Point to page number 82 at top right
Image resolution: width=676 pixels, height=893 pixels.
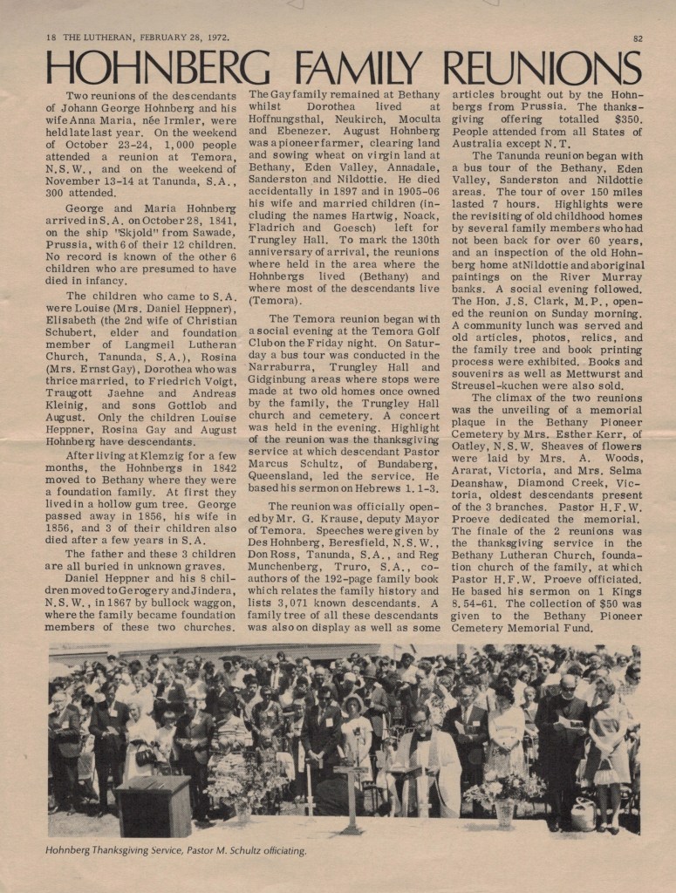click(637, 37)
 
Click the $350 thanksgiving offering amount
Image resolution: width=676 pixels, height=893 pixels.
click(622, 119)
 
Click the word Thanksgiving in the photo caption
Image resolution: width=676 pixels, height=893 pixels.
click(142, 851)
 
